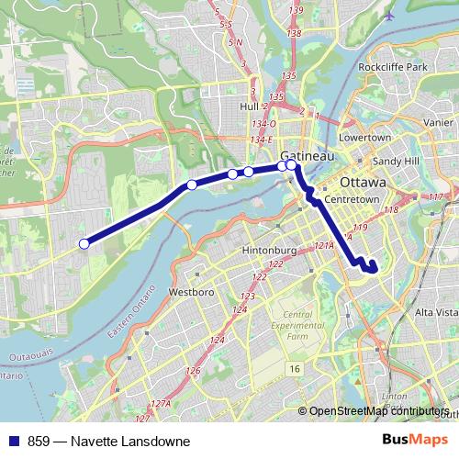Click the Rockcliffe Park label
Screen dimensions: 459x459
pos(393,68)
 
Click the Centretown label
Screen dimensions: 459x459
pos(351,198)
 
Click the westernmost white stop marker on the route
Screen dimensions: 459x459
pos(84,243)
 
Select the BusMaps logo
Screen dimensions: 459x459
pos(413,441)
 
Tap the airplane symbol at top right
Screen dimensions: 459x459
pos(393,16)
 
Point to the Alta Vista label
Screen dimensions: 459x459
pos(436,313)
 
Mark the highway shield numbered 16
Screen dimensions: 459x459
pos(294,368)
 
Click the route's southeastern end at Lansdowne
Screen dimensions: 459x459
pos(373,268)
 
